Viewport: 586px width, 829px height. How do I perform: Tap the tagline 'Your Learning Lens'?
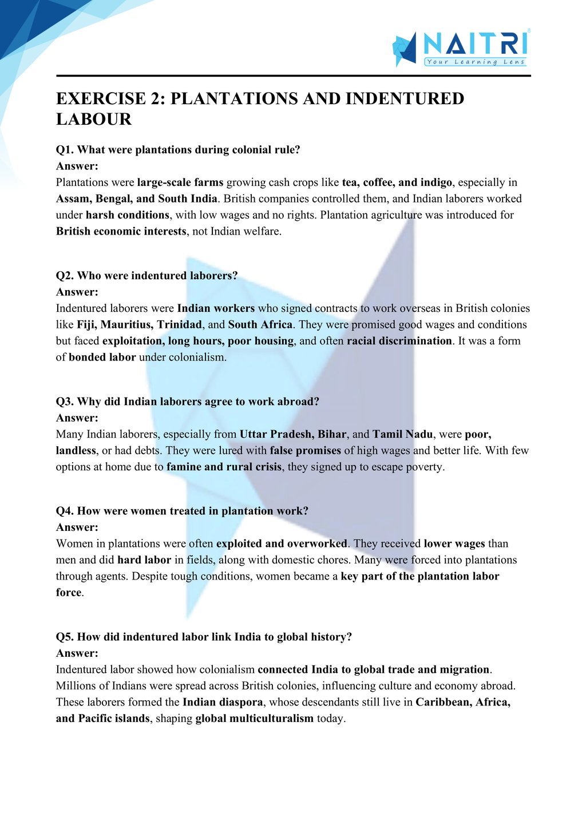(x=475, y=62)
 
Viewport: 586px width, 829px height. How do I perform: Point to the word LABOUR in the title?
(x=94, y=120)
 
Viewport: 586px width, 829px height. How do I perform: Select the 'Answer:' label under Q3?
(x=77, y=418)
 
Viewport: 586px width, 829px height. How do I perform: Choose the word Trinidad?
(x=180, y=325)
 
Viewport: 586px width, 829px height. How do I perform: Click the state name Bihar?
(x=332, y=434)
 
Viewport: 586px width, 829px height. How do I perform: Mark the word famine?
(x=184, y=467)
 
